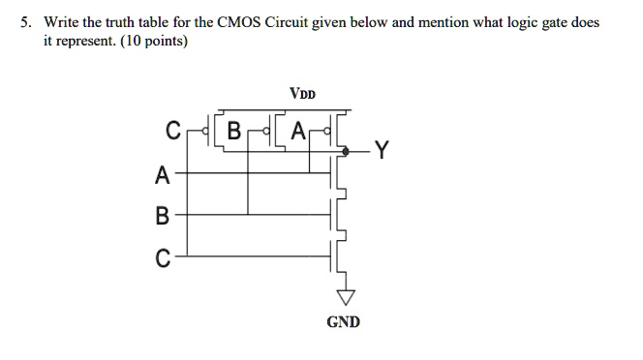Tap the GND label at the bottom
(x=343, y=321)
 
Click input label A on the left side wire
(x=161, y=176)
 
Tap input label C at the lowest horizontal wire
(x=162, y=257)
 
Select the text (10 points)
(x=156, y=43)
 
